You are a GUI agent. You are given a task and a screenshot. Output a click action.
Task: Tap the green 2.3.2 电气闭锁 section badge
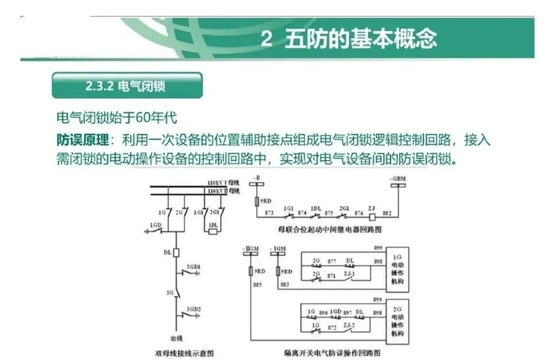[127, 85]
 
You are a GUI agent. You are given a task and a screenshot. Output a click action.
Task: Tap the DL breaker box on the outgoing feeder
[175, 252]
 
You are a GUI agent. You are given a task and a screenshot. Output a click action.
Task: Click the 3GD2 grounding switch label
[193, 309]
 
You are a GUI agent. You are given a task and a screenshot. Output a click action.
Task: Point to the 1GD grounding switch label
[156, 225]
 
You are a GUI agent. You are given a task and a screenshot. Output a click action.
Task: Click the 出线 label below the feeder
[176, 338]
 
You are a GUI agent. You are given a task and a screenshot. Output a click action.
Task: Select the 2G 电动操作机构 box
[398, 321]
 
